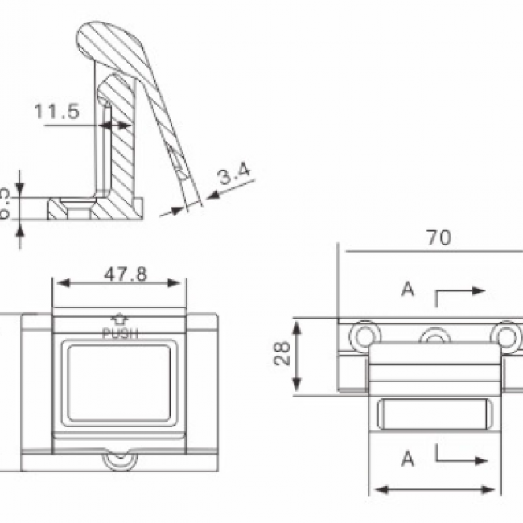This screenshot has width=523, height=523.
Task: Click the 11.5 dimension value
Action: (56, 111)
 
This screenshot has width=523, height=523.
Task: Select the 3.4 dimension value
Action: (235, 171)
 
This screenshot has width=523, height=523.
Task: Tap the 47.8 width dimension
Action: (125, 274)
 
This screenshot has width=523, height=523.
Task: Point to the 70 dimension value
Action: (439, 237)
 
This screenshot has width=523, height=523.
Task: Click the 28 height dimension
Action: (282, 354)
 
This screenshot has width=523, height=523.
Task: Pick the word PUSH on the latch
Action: (120, 332)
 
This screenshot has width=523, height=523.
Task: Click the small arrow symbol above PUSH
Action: (120, 319)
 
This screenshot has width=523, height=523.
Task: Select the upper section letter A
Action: (408, 290)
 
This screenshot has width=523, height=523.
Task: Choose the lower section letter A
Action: (408, 459)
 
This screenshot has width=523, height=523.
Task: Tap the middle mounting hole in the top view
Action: (435, 336)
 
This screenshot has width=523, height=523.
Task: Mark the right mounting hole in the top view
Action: (506, 333)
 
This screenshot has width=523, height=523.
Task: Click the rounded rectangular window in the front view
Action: (120, 381)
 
